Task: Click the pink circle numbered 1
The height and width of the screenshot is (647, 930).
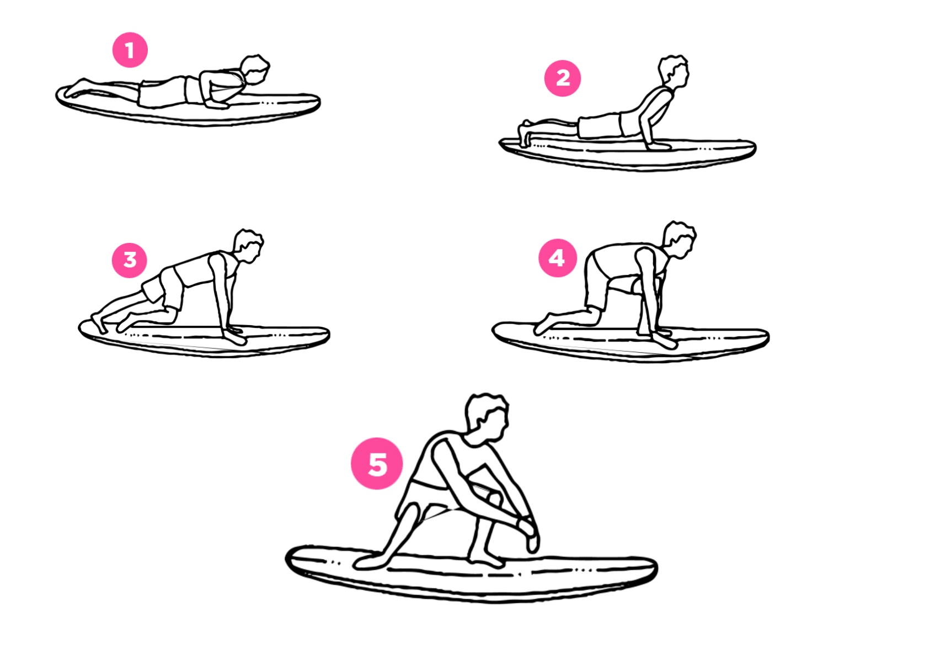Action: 130,50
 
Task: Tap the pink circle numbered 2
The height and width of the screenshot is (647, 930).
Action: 563,78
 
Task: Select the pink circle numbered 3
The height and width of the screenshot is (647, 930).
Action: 130,260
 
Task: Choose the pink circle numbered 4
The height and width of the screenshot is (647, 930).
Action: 557,258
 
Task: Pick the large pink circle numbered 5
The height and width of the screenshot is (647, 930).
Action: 377,463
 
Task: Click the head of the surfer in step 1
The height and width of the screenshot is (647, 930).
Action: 255,70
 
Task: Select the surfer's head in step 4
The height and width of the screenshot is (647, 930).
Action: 680,240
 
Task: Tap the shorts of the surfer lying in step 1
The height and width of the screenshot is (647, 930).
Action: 162,92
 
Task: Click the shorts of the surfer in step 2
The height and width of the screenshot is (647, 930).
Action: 600,125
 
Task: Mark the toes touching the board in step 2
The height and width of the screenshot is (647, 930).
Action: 524,134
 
